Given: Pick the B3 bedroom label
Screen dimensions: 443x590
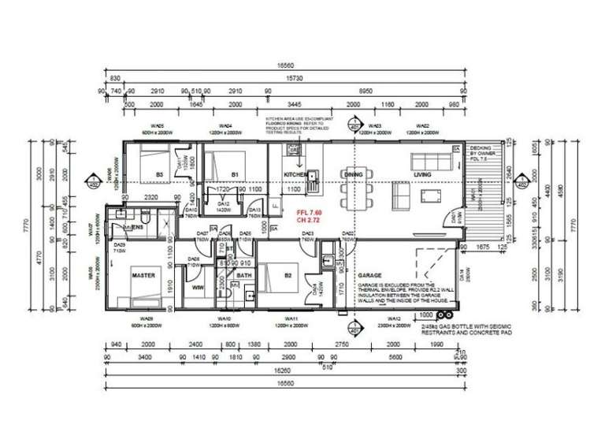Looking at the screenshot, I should (x=158, y=173).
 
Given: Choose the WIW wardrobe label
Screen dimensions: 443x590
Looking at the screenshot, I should (x=199, y=288).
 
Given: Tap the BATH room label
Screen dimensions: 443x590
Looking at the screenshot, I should (x=243, y=275).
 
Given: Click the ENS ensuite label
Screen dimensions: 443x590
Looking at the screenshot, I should (x=135, y=227).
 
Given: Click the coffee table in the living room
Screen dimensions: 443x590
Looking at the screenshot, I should (x=430, y=194).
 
